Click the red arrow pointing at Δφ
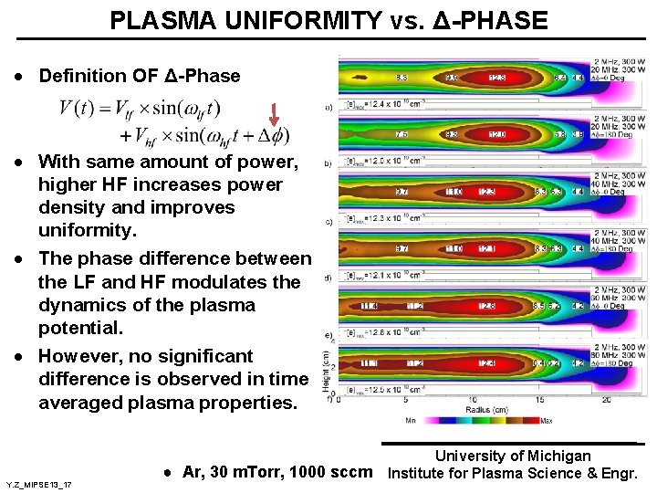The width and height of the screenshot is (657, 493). coord(276,115)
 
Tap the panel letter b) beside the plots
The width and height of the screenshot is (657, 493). coord(328,164)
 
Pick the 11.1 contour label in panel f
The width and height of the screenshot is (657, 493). coord(369,363)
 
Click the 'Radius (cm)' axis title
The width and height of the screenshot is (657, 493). coord(494,410)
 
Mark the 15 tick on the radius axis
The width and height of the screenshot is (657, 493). coord(539,400)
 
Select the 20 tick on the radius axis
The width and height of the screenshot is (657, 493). coord(607,400)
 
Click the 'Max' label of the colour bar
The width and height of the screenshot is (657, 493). coord(546,421)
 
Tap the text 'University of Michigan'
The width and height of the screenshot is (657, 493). coord(512,456)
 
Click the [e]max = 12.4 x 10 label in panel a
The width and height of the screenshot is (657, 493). coord(379,107)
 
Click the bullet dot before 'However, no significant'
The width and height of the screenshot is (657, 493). coord(19,356)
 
